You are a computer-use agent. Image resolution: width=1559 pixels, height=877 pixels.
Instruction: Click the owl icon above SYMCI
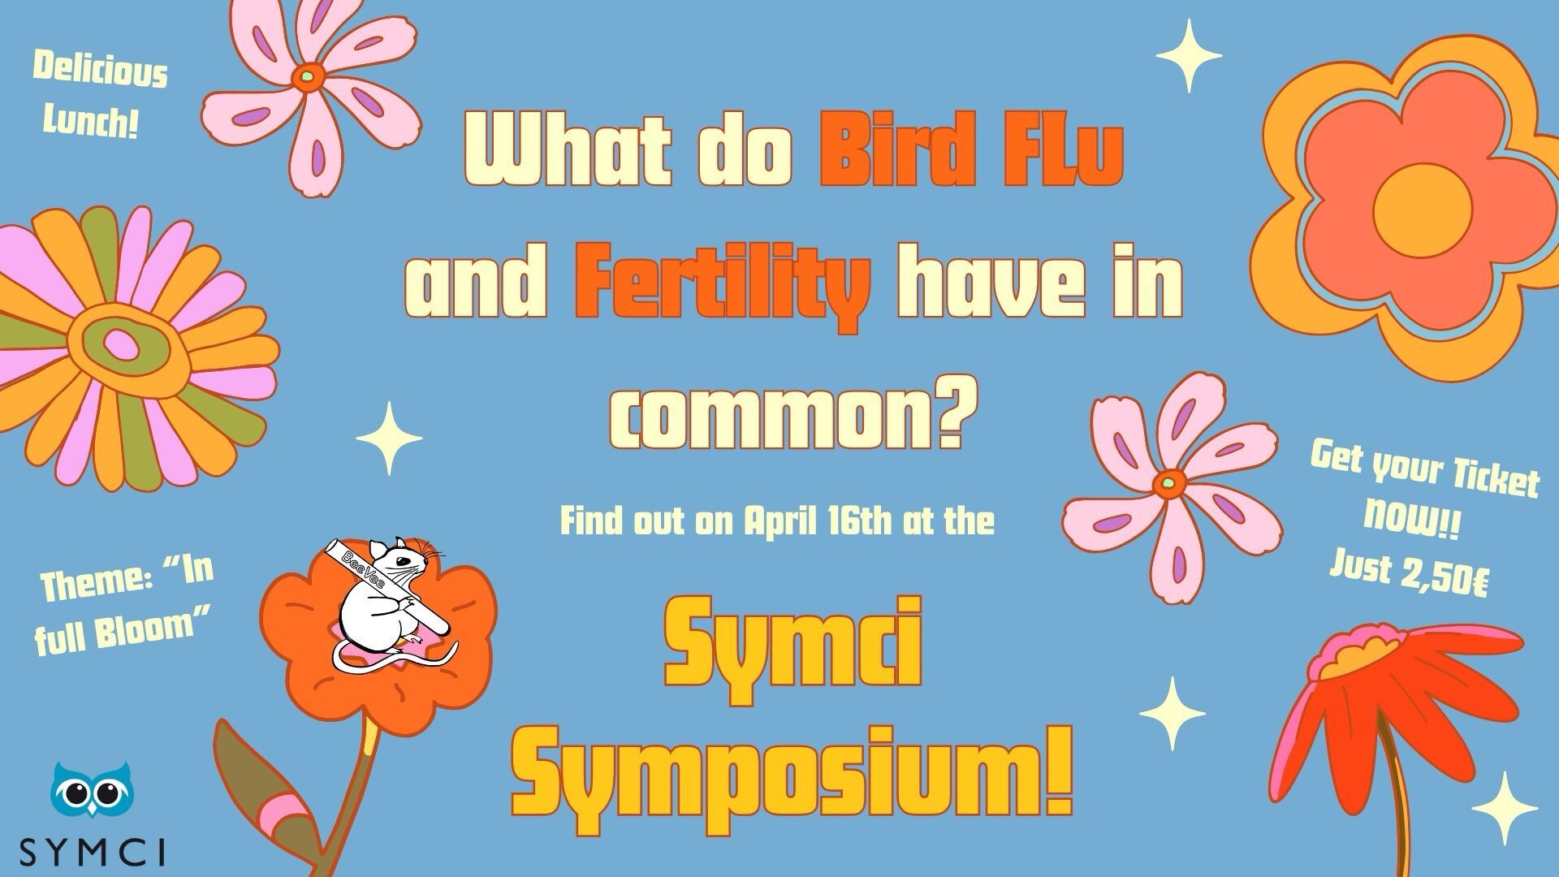92,788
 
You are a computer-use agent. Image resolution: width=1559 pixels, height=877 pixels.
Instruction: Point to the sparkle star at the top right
1189,55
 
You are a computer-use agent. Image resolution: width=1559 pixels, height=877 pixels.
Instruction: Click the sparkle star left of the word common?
389,438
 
